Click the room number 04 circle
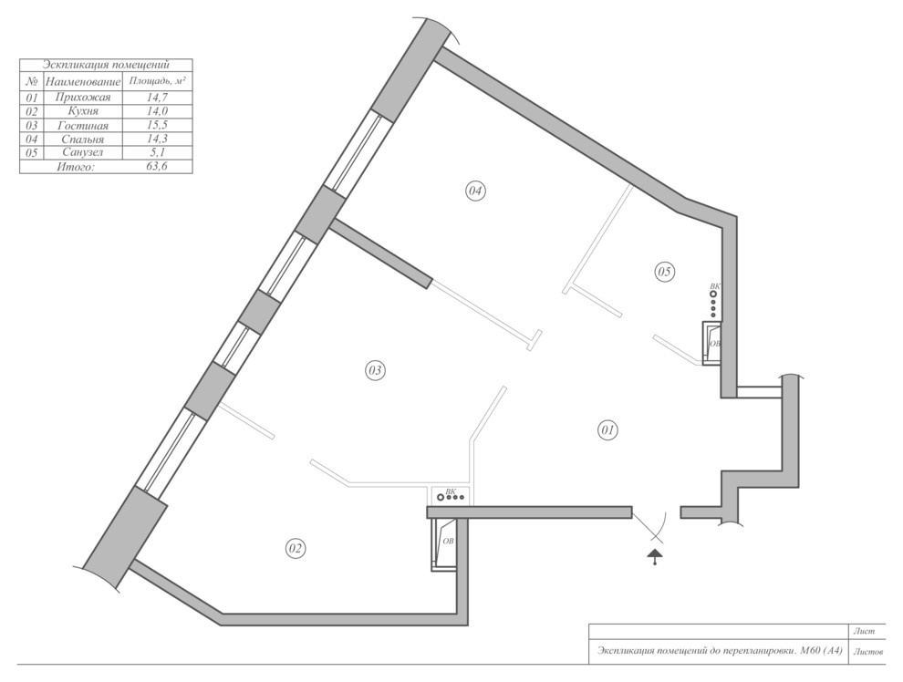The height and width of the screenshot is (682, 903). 475,191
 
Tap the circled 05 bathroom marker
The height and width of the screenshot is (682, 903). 665,272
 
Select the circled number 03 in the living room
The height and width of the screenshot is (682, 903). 375,370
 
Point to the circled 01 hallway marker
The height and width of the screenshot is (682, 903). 608,430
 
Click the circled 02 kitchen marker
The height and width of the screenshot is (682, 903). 296,549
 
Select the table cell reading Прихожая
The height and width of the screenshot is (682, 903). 82,98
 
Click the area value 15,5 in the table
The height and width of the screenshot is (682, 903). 157,125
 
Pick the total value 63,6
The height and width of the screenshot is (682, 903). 157,167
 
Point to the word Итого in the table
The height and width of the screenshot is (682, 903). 76,167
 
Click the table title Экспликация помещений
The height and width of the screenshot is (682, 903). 106,65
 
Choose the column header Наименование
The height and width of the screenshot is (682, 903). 83,82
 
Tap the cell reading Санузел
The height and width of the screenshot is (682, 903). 82,152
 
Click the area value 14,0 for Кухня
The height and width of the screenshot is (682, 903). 157,111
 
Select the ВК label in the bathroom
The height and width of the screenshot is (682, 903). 715,286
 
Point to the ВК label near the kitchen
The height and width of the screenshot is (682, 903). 451,491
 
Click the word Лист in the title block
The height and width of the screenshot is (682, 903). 863,631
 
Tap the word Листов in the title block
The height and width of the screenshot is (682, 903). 867,652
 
